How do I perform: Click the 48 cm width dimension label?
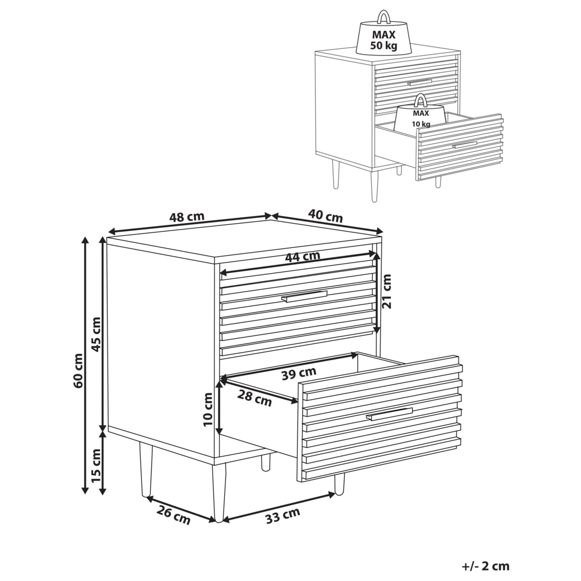(187, 217)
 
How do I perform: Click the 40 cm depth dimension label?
(325, 216)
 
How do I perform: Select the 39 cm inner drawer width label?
(299, 372)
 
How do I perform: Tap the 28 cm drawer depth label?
(254, 399)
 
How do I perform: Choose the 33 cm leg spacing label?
(282, 515)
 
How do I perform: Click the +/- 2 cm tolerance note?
(485, 565)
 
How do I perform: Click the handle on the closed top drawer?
(304, 297)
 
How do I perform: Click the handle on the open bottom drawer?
(389, 414)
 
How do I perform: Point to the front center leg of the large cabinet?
(218, 491)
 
